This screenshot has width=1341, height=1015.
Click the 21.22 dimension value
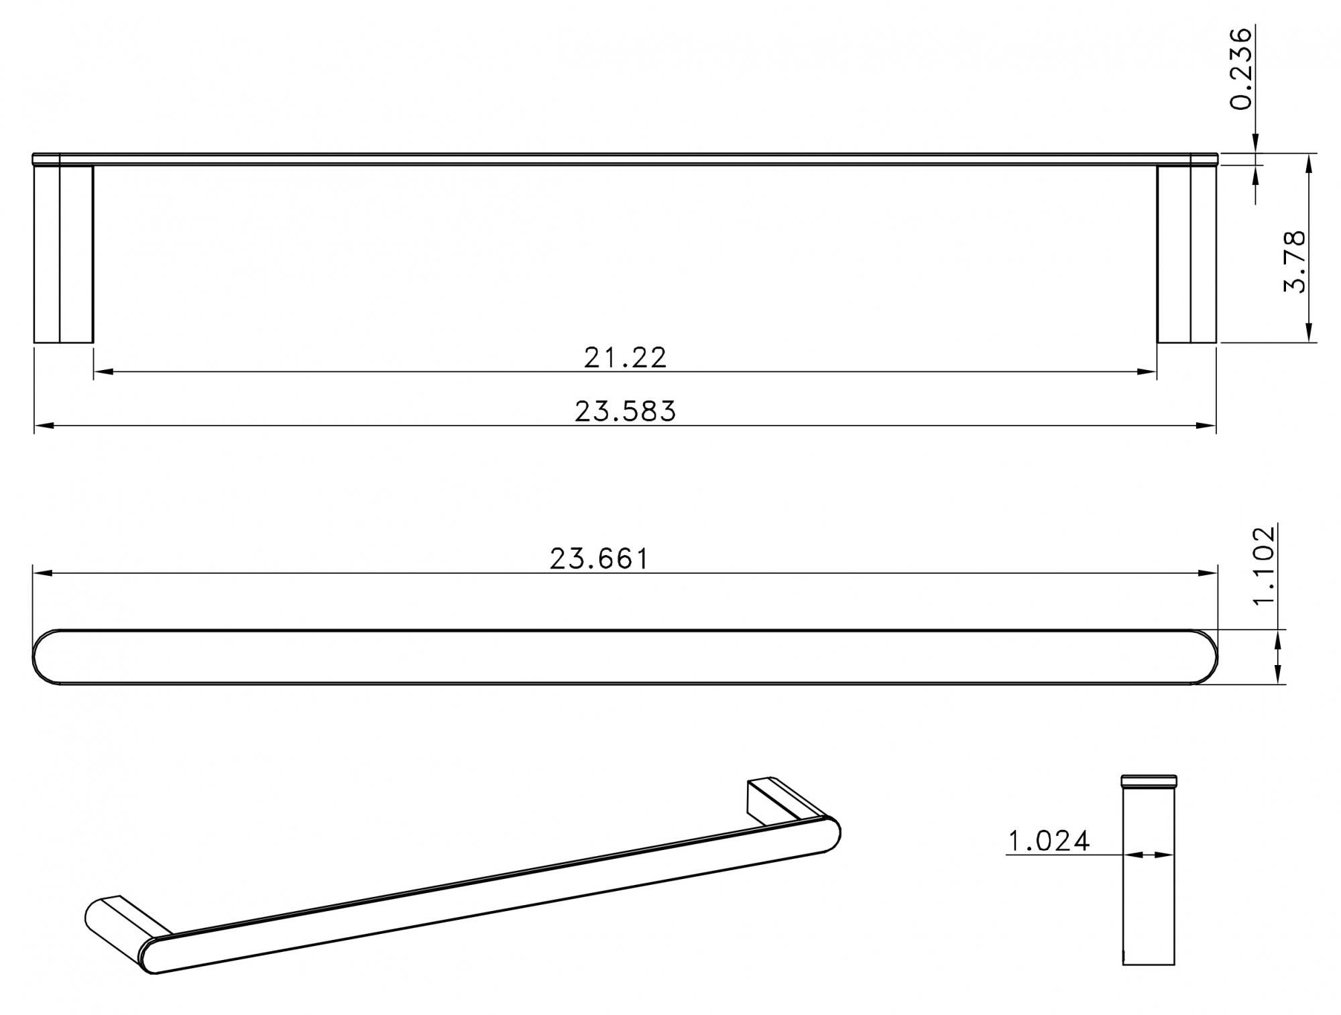(625, 358)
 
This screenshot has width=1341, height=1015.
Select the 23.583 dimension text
(625, 412)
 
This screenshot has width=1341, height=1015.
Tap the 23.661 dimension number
(599, 559)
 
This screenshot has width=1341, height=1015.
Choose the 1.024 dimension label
(1049, 841)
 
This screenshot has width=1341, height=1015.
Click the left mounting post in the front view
(63, 253)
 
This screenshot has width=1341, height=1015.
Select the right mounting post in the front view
(1186, 253)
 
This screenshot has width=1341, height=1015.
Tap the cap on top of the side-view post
(1149, 780)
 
